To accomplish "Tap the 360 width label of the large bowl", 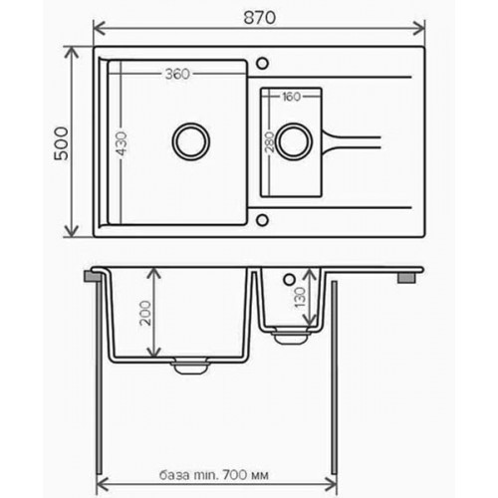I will [178, 74].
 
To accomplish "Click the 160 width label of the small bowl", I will [291, 98].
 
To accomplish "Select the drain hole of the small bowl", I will [294, 140].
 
